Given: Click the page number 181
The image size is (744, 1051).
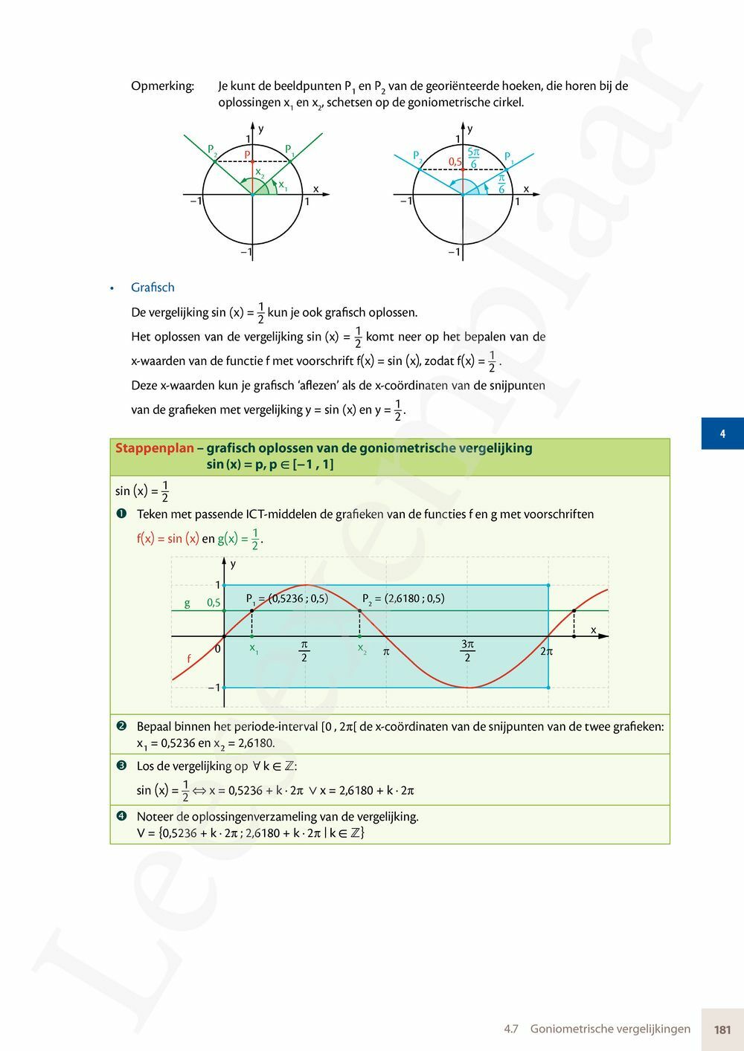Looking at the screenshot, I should point(722,1029).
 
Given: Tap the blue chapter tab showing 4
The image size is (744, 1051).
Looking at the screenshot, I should point(722,433).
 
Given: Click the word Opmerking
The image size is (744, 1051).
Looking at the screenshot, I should point(162,86).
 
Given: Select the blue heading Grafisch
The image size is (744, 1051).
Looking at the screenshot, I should point(153,288).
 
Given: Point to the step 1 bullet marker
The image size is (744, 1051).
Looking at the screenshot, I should point(121,514).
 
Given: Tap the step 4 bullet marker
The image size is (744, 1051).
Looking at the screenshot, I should point(121,816).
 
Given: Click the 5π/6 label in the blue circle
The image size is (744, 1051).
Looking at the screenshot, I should point(473,158).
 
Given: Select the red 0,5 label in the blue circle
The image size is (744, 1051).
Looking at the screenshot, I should point(455,161).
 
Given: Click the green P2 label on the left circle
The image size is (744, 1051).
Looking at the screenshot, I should point(212,150).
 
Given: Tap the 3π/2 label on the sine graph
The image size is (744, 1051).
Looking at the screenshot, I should point(467,650).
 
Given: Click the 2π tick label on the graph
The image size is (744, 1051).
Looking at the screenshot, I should point(546,652).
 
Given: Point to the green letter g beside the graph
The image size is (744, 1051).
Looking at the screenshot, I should point(187,603).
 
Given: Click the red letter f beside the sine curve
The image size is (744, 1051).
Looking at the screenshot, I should point(189,659).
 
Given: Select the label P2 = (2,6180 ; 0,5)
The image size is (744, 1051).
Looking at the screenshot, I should point(403,599).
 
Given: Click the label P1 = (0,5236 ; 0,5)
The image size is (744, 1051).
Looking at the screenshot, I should point(287,599).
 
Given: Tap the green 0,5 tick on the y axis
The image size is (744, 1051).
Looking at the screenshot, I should point(214,603).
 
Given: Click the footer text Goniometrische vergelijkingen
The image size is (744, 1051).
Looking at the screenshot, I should point(610,1029).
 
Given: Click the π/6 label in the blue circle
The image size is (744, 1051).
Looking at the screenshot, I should point(501,184).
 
